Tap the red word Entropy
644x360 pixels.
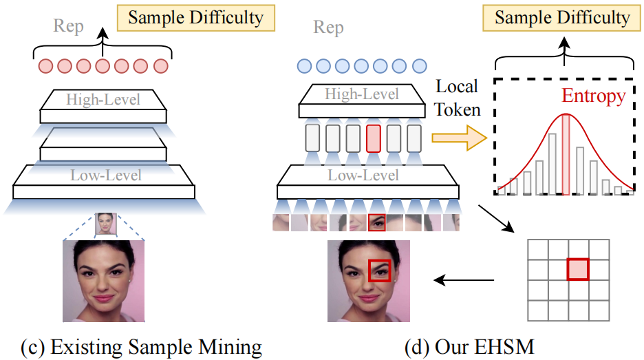point(593,96)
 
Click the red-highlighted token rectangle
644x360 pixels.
point(374,138)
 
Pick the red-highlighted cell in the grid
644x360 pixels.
point(578,269)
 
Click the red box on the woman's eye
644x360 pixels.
point(379,270)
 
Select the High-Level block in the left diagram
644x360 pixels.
point(103,101)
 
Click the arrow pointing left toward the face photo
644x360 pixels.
point(464,279)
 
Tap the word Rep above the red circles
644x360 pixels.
point(69,26)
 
